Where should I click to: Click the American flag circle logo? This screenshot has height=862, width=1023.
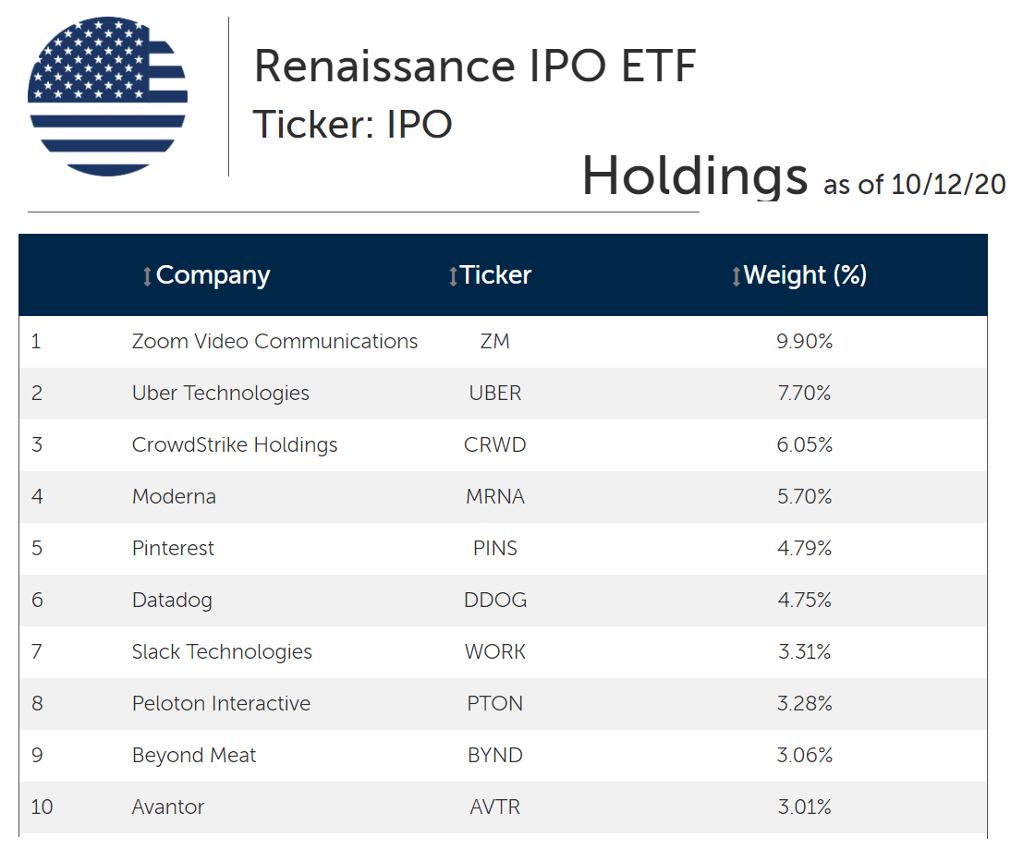pos(107,96)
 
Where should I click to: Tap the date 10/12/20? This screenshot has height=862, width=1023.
pos(947,184)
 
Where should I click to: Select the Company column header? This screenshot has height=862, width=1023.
pos(213,275)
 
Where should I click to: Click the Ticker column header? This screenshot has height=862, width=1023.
pos(496,275)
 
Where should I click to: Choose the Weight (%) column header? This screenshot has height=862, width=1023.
pos(805,275)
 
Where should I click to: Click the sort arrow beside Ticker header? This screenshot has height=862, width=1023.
pos(453,276)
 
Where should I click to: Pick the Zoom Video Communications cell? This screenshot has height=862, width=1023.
pos(274,342)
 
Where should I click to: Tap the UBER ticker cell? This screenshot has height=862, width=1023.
pos(495,394)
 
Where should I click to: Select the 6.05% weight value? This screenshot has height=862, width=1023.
pos(805,445)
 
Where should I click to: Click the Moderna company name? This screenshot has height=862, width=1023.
pos(174,497)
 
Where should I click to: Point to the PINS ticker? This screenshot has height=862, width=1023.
pos(495,549)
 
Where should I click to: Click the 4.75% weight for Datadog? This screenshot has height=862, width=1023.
pos(805,601)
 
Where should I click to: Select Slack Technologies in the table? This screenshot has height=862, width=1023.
pos(222,652)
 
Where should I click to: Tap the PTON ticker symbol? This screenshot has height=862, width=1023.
pos(495,704)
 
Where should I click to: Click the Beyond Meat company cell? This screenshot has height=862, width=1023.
pos(194,756)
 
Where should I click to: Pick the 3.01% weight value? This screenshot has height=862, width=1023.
pos(805,807)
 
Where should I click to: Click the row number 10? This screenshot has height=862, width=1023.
pos(42,807)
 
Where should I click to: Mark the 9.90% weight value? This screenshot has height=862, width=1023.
pos(805,342)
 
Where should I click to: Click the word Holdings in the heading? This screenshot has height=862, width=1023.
pos(694,176)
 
